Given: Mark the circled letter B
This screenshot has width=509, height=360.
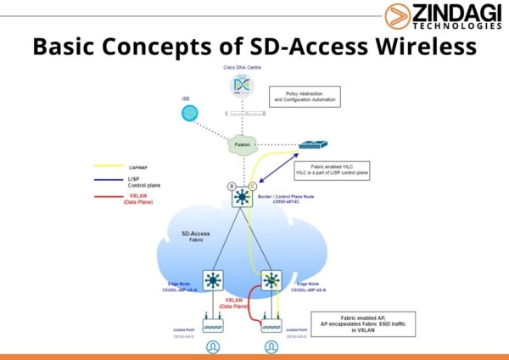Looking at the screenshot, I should (x=231, y=186).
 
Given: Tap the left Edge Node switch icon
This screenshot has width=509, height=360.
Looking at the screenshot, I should (x=212, y=279).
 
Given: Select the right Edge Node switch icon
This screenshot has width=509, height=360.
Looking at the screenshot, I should (x=272, y=279).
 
